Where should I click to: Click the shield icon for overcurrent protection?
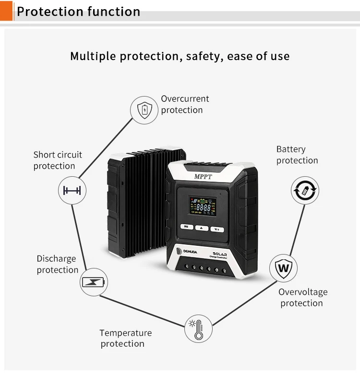click(144, 110)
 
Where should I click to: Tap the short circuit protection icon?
click(72, 190)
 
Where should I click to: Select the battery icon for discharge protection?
click(94, 282)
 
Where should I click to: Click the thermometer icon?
click(198, 328)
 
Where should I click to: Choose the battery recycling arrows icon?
click(305, 191)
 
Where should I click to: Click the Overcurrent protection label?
click(185, 104)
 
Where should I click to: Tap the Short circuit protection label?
click(57, 160)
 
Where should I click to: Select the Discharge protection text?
click(57, 264)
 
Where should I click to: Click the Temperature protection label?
click(125, 338)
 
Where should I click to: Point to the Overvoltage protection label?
click(303, 297)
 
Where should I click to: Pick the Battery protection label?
click(297, 155)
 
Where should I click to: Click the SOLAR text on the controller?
click(223, 253)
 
